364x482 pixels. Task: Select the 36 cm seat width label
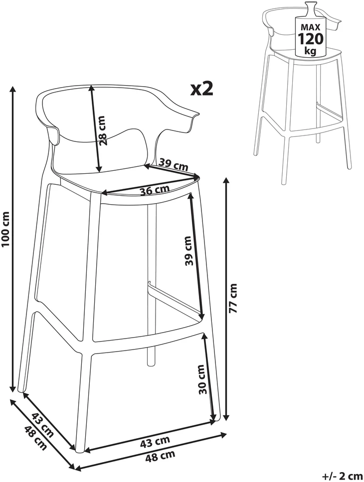pos(155,190)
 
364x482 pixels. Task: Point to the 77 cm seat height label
pos(234,298)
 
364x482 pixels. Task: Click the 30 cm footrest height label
pos(202,379)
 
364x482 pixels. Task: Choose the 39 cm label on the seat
pos(174,165)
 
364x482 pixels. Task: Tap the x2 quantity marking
pos(202,89)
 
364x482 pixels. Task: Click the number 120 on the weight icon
pos(311,39)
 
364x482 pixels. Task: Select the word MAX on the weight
pos(311,27)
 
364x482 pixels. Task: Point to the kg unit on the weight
pos(311,51)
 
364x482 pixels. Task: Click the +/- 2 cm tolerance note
pos(343,476)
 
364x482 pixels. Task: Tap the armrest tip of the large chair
pos(196,115)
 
